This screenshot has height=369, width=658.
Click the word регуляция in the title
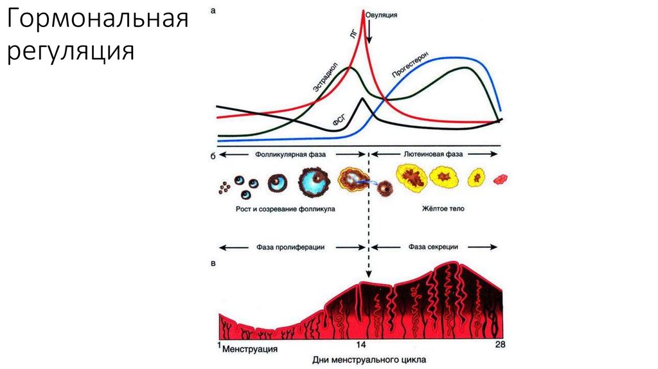71,51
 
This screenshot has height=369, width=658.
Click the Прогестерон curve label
410,65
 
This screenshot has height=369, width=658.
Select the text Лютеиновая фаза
433,155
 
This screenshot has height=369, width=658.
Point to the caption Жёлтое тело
443,210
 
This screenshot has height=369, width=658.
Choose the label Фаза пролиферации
290,248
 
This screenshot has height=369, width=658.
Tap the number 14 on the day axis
361,345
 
